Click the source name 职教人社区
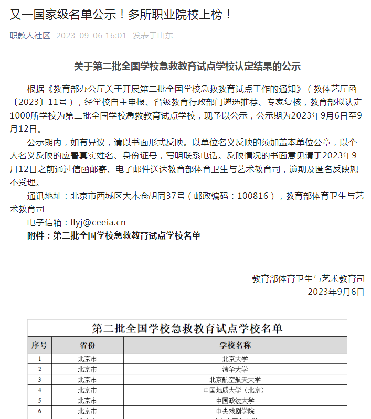(x=30, y=36)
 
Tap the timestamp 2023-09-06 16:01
(x=91, y=36)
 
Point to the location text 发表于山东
(x=152, y=36)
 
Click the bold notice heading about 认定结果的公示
(x=187, y=67)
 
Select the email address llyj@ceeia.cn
(x=98, y=223)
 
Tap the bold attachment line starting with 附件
(x=113, y=236)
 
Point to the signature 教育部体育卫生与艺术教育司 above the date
(x=308, y=278)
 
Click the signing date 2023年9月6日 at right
(x=336, y=292)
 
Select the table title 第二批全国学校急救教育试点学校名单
(x=187, y=329)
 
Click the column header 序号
(x=39, y=346)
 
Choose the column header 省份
(x=87, y=346)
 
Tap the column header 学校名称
(x=235, y=346)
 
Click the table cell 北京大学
(x=235, y=359)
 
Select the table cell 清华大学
(x=235, y=369)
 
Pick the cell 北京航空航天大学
(x=235, y=380)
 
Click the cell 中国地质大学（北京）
(x=235, y=390)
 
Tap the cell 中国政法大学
(x=235, y=401)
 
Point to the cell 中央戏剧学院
(x=235, y=411)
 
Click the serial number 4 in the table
(x=39, y=390)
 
